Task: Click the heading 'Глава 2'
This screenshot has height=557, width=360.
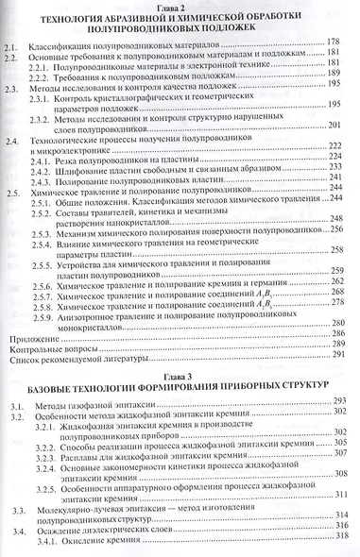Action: pos(177,8)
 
